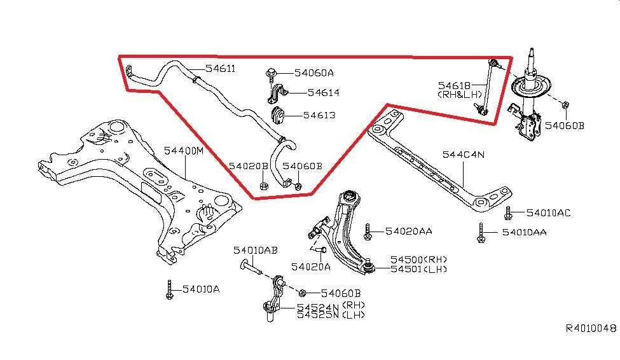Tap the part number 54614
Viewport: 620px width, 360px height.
click(323, 93)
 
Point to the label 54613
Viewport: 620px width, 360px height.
click(319, 115)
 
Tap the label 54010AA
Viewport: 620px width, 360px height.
click(524, 233)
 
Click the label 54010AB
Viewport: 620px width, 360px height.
click(255, 251)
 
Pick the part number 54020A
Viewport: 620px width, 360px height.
click(311, 267)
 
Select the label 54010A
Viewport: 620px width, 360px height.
click(200, 289)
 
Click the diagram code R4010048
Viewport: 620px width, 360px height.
click(591, 329)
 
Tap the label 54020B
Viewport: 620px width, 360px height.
click(249, 166)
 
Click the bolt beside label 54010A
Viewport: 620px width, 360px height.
click(169, 289)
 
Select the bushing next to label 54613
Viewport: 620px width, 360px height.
click(278, 115)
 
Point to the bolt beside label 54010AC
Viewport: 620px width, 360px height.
click(507, 212)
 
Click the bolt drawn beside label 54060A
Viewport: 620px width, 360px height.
click(271, 74)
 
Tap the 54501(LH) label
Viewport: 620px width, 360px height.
click(419, 269)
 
